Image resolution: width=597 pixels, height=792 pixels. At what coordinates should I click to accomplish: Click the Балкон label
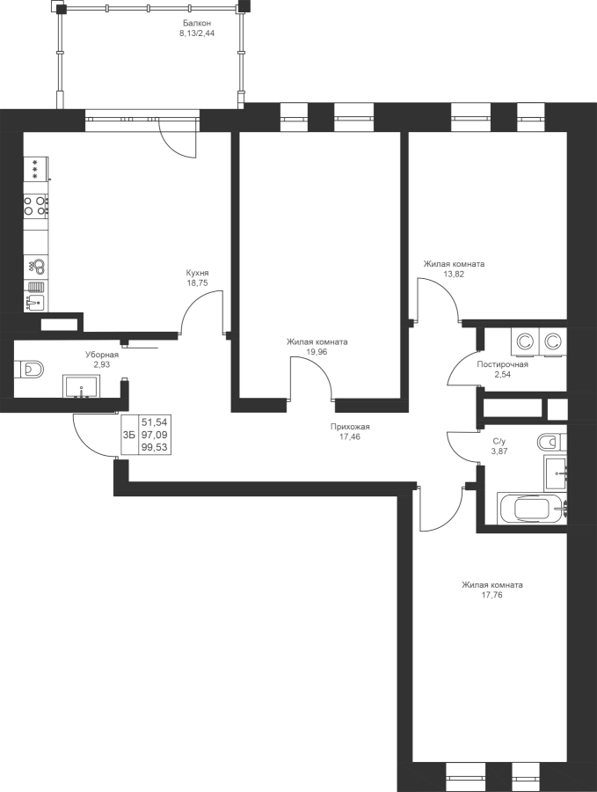click(197, 23)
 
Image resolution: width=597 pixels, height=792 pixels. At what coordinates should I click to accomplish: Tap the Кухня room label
click(197, 273)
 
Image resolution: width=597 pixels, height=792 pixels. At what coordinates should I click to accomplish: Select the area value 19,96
click(317, 352)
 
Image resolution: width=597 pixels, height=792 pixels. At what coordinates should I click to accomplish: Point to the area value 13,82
click(454, 275)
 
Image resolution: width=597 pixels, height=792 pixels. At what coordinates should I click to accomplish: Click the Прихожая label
click(350, 427)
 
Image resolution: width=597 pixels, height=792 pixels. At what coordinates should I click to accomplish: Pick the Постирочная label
click(503, 364)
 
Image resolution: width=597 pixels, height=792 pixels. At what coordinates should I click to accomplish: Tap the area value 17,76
click(492, 595)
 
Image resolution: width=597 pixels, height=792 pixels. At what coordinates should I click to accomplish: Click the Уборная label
click(102, 355)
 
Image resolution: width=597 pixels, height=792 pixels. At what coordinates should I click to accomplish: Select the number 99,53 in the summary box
click(156, 447)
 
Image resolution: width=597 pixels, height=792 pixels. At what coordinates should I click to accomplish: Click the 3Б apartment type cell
click(128, 435)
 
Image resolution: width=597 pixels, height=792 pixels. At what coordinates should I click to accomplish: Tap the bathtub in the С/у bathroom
click(533, 509)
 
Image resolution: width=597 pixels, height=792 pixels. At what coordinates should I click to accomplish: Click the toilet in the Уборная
click(29, 369)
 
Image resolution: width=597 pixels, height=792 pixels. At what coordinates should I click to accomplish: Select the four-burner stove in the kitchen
click(36, 206)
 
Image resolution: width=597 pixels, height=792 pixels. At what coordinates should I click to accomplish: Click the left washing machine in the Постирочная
click(525, 342)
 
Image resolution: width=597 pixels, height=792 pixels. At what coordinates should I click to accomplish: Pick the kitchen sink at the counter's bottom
click(35, 303)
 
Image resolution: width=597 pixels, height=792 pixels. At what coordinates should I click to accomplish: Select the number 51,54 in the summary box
click(156, 422)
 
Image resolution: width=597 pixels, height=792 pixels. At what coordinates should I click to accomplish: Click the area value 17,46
click(350, 436)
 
